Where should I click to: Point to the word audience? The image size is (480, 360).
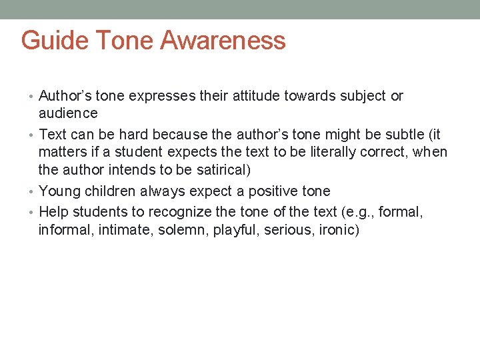[68, 113]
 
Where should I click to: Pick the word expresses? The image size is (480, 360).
[160, 96]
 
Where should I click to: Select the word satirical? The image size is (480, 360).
[219, 169]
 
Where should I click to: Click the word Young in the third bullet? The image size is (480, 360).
[59, 191]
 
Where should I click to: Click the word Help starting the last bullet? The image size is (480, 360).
[53, 213]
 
